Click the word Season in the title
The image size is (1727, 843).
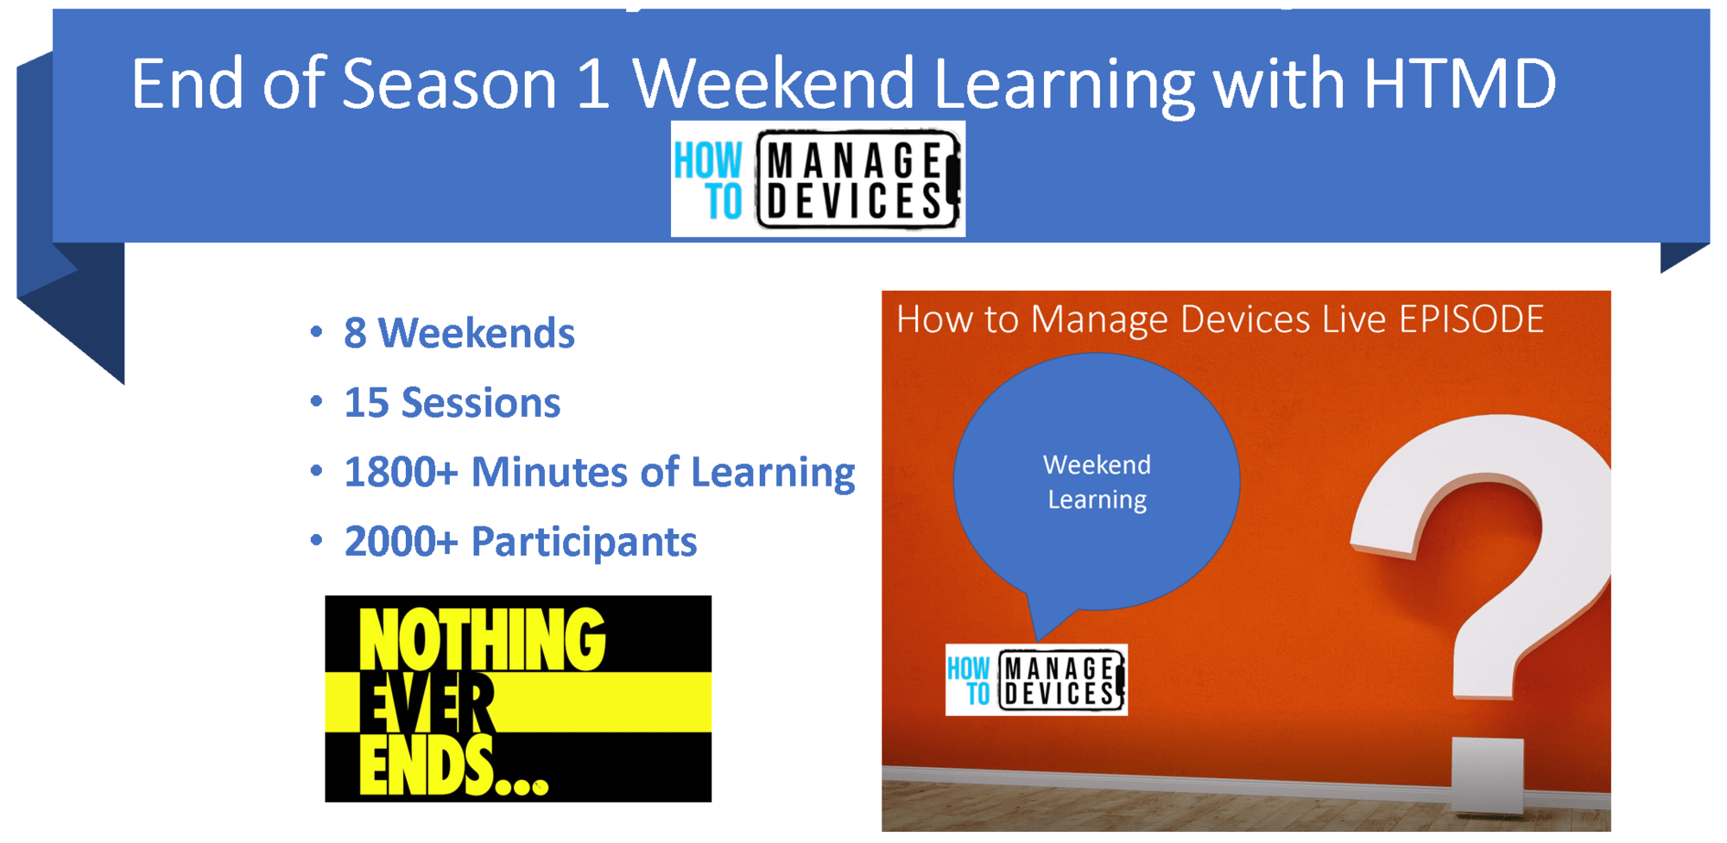(x=449, y=84)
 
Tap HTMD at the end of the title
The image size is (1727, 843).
(x=1459, y=84)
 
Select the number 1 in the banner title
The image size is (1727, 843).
(x=593, y=84)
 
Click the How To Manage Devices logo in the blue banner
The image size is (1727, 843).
(x=818, y=179)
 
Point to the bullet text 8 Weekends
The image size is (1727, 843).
(x=459, y=333)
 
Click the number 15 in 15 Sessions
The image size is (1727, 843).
(x=366, y=403)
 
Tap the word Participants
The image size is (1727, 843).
(x=584, y=542)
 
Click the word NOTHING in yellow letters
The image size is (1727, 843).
(x=481, y=640)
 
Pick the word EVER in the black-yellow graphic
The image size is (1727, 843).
(x=427, y=705)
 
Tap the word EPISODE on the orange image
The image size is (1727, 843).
(x=1471, y=320)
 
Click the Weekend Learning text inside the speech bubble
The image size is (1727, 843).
(x=1097, y=482)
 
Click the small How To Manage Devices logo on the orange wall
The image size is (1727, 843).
(x=1036, y=680)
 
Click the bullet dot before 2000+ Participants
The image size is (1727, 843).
(x=316, y=541)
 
